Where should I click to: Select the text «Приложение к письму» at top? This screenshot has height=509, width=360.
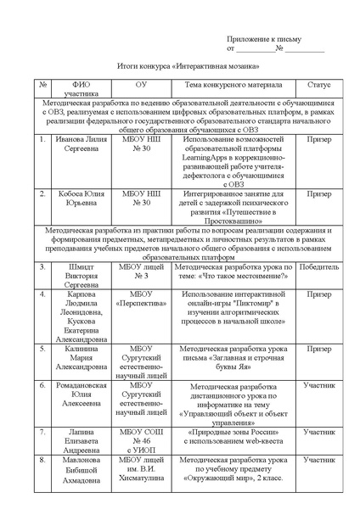(x=263, y=39)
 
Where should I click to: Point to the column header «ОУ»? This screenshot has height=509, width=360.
(x=141, y=85)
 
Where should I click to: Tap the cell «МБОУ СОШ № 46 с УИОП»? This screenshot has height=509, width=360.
(x=141, y=441)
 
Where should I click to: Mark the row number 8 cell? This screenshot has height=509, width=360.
(x=42, y=460)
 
